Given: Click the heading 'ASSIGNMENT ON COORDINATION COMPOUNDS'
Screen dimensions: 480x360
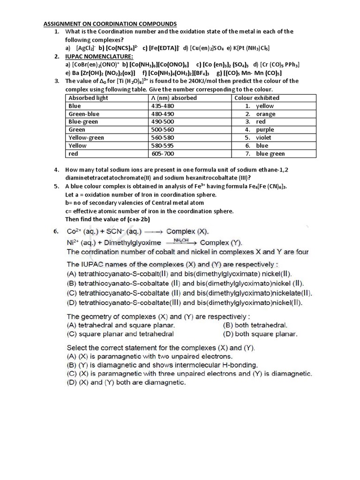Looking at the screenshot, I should [x=110, y=23].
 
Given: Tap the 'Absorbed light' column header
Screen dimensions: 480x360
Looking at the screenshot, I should [x=88, y=98].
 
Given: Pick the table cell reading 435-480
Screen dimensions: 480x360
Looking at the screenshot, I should [x=162, y=106].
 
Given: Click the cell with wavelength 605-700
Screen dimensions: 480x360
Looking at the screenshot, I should [x=162, y=154].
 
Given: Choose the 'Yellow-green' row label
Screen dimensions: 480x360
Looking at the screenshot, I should [x=86, y=138].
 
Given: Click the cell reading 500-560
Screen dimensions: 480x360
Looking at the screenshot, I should [x=162, y=130].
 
